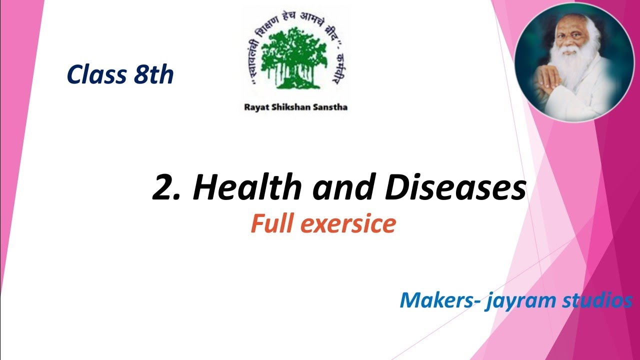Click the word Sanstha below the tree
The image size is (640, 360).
tap(330, 107)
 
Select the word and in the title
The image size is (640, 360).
tap(340, 188)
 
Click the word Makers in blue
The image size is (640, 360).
tap(438, 300)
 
